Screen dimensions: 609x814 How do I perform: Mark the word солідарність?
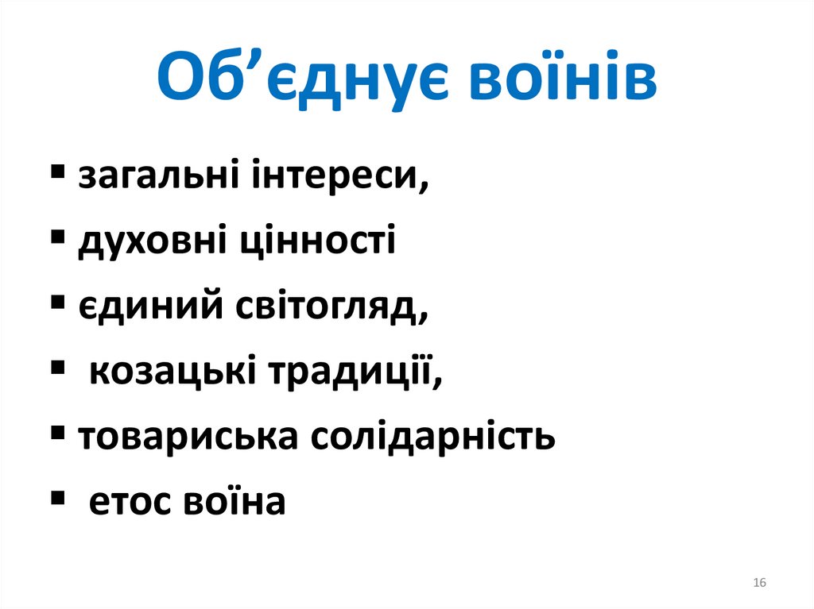pos(433,436)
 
